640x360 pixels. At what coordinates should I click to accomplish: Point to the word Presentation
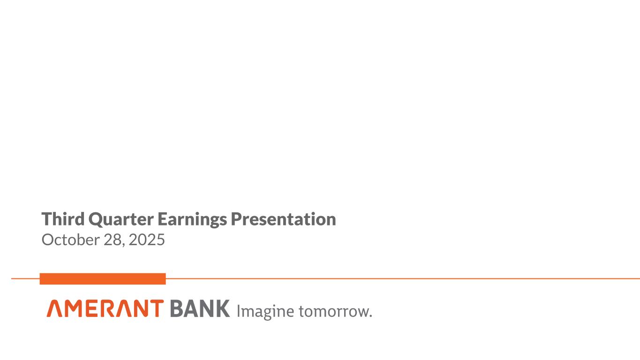pyautogui.click(x=283, y=219)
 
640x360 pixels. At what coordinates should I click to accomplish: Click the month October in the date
pyautogui.click(x=70, y=240)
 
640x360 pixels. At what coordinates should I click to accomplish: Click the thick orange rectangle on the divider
pyautogui.click(x=103, y=279)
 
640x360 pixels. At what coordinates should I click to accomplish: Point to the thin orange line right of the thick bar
pyautogui.click(x=399, y=278)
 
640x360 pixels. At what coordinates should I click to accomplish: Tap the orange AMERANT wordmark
pyautogui.click(x=105, y=309)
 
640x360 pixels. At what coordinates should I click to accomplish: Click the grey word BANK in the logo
pyautogui.click(x=199, y=309)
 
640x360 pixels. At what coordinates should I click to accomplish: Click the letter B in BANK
pyautogui.click(x=176, y=309)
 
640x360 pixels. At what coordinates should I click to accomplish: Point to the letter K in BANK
pyautogui.click(x=222, y=309)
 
